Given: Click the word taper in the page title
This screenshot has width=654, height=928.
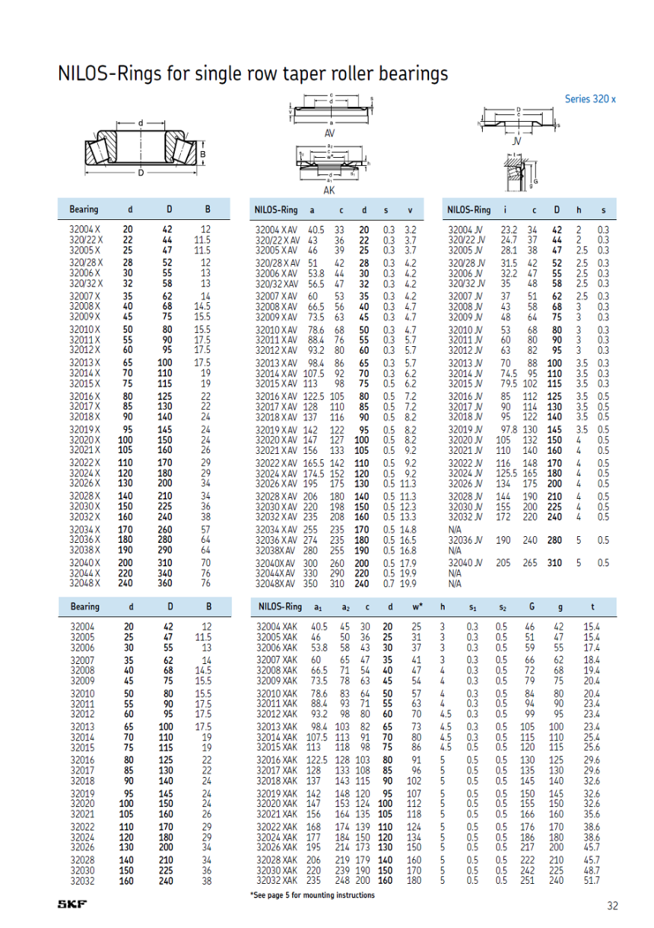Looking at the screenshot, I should pyautogui.click(x=319, y=74).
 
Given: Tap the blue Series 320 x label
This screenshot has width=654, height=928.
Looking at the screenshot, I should pyautogui.click(x=590, y=99).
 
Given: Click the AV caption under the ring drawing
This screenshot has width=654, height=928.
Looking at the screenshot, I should pyautogui.click(x=329, y=133).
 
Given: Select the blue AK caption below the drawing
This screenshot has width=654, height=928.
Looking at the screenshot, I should pyautogui.click(x=329, y=191).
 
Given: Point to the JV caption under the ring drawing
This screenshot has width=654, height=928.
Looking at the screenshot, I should pyautogui.click(x=516, y=141).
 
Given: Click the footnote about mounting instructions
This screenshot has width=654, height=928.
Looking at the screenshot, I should pyautogui.click(x=312, y=895).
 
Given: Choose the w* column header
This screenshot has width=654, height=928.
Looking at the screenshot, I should pyautogui.click(x=417, y=606).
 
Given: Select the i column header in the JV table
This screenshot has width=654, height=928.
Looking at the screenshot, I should pyautogui.click(x=506, y=210).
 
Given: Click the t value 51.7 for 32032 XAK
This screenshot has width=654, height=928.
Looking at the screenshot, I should pyautogui.click(x=593, y=880).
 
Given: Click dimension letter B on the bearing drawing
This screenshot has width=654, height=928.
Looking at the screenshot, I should pyautogui.click(x=202, y=155).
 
